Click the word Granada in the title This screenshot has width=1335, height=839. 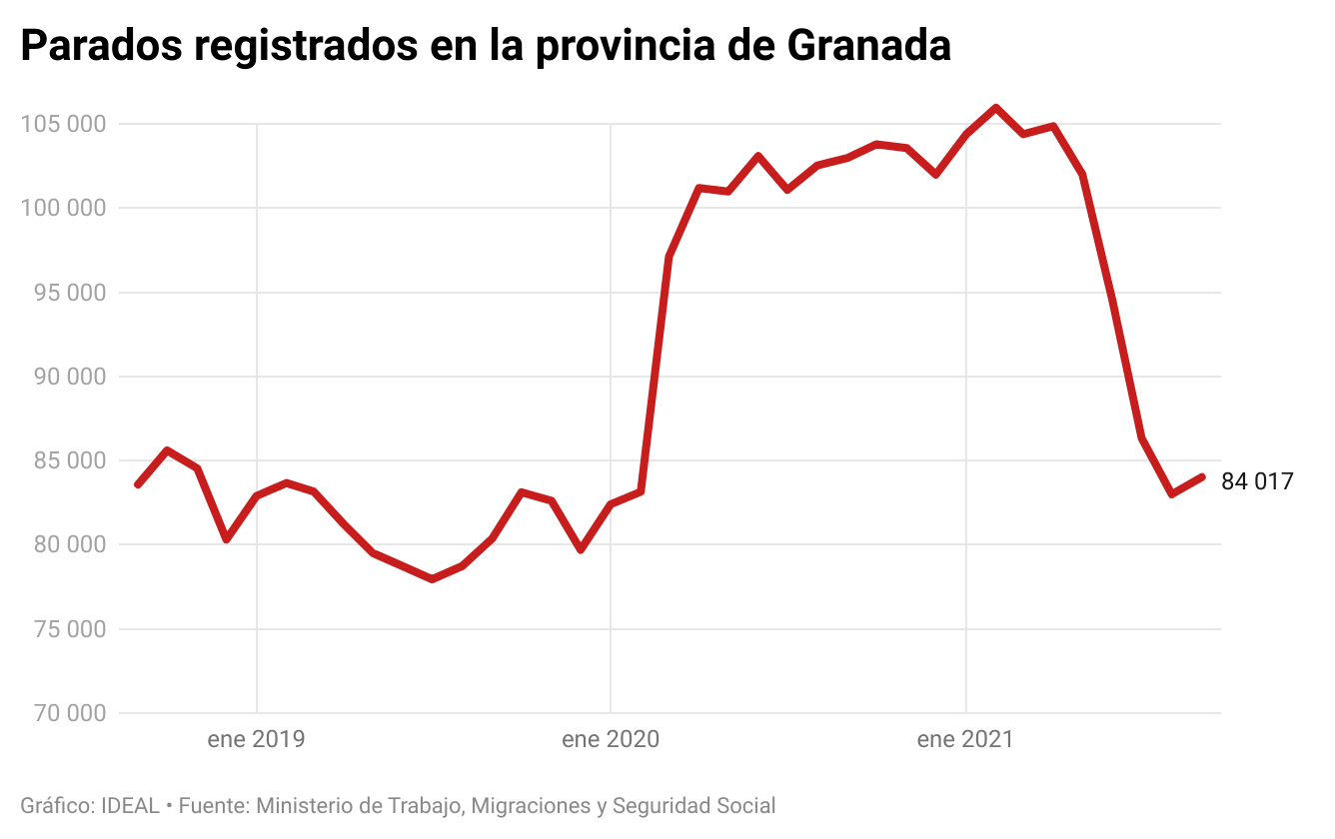pyautogui.click(x=867, y=46)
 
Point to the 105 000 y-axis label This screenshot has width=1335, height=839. pyautogui.click(x=62, y=124)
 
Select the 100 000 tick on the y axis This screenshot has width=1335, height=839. pyautogui.click(x=62, y=208)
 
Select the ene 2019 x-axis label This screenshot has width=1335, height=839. pyautogui.click(x=257, y=740)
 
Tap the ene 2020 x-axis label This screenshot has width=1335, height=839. pyautogui.click(x=611, y=740)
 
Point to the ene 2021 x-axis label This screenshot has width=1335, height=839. pyautogui.click(x=965, y=740)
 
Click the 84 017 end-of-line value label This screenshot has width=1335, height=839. pyautogui.click(x=1257, y=481)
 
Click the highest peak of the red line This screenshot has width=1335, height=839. pyautogui.click(x=995, y=107)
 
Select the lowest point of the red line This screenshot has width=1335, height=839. pyautogui.click(x=432, y=579)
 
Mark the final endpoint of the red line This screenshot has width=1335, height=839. pyautogui.click(x=1202, y=477)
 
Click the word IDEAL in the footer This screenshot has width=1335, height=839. pyautogui.click(x=130, y=806)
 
